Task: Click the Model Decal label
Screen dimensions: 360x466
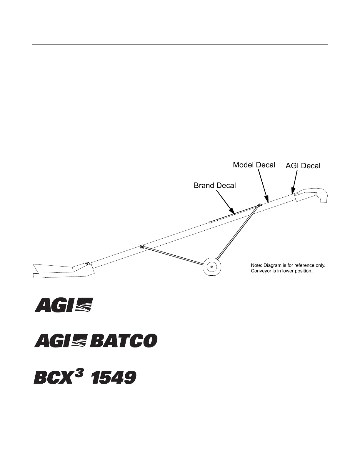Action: coord(254,165)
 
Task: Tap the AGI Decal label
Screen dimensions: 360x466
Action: coord(303,166)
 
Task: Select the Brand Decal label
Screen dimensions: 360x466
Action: coord(215,186)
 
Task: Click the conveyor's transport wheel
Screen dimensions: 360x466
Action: coord(212,267)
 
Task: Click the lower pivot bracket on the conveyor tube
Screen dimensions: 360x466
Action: coord(142,247)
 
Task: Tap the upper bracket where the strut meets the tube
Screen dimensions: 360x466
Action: coord(259,205)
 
